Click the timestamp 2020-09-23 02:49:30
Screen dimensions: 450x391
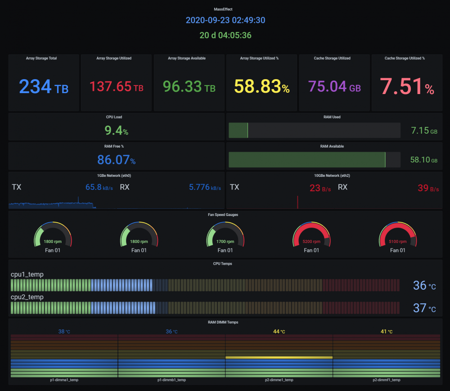click(225, 20)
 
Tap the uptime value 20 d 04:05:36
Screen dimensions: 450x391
click(225, 35)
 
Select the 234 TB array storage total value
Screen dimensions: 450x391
click(44, 86)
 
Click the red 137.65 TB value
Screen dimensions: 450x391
click(116, 86)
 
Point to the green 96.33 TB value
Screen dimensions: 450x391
click(189, 86)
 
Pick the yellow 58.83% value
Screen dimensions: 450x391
click(262, 86)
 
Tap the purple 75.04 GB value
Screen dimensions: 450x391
click(334, 86)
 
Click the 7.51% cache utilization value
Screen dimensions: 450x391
click(407, 86)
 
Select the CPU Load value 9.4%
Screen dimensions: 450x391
click(116, 130)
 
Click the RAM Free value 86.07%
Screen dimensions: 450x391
click(116, 160)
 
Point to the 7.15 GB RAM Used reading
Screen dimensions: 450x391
click(424, 131)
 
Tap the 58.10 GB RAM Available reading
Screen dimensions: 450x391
click(424, 160)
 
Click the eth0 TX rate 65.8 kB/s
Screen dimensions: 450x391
click(99, 187)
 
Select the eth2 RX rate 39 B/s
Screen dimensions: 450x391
click(428, 188)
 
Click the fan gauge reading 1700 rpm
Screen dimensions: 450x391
click(225, 242)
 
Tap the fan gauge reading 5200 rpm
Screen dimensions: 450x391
click(311, 242)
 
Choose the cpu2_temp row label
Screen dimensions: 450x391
click(27, 297)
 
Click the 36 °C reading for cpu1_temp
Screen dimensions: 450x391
click(424, 285)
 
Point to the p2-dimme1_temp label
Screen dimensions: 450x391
click(279, 380)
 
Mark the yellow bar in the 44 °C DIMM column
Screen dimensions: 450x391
click(279, 357)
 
